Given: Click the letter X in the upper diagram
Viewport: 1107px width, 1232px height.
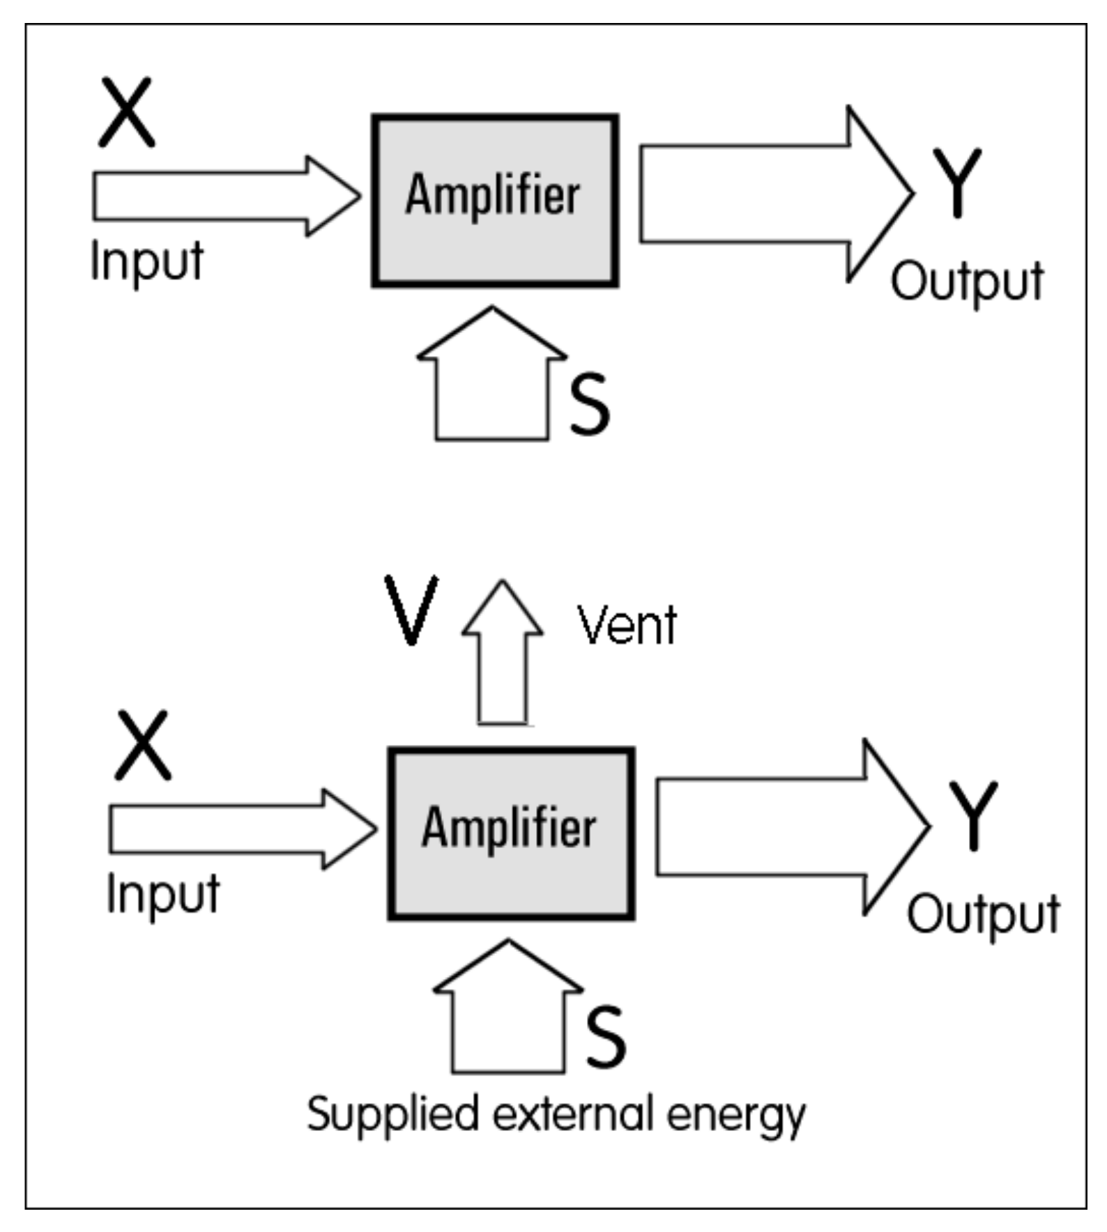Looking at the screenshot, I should pos(126,112).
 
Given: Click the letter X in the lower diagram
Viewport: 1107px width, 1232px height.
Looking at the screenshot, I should pos(143,745).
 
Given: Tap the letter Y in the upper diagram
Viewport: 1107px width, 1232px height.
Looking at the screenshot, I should pos(957,183).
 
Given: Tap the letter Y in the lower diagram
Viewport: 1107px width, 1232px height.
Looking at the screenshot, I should pos(973,815).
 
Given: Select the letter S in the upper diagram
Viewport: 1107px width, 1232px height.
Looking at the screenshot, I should pos(589,404).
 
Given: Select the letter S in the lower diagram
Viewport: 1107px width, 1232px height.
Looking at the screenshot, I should pos(605,1037).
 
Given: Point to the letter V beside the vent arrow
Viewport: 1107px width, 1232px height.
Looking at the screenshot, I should pos(412,610).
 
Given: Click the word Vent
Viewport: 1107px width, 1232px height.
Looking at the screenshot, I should pos(627,625).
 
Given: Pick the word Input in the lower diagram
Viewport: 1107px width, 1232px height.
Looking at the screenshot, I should pos(163,894).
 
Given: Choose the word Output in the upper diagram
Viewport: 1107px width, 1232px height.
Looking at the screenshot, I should pos(967,282).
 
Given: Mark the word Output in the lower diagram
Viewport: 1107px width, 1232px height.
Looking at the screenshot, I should pos(983,914).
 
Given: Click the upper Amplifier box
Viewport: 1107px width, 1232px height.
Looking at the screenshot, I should pos(495,201).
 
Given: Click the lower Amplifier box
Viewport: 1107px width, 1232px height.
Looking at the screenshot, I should pos(511,833).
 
